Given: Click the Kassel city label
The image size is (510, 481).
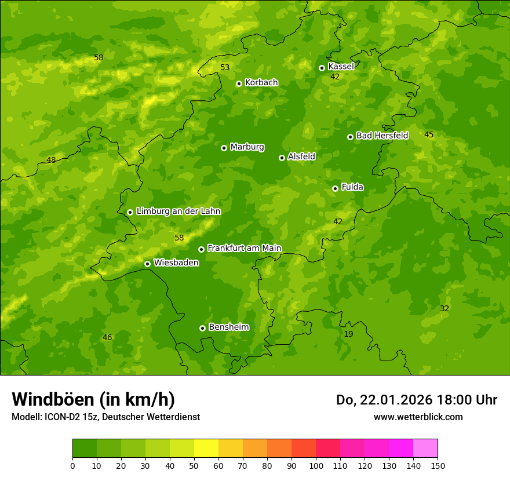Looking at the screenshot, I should [341, 67].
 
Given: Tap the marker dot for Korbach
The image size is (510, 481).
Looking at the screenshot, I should [239, 83].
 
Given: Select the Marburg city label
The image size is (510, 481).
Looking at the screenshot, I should [247, 147].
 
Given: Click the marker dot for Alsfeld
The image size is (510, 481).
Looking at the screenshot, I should [282, 158].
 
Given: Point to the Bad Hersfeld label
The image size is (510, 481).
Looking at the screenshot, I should [382, 136].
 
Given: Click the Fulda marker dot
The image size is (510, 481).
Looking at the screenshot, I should [335, 188].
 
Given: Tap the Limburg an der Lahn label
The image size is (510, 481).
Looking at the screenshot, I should [178, 212].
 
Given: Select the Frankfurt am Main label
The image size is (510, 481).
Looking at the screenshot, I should [244, 248].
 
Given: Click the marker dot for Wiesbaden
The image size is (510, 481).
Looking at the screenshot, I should [147, 264].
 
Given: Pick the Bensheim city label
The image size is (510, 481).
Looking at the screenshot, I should [228, 327].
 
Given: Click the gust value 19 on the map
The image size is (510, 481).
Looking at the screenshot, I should [348, 334].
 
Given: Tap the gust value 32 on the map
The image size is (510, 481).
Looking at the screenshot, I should [445, 309].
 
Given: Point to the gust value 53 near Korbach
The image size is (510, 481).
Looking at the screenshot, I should [225, 68].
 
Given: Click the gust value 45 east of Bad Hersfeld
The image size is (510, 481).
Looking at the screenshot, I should [429, 135].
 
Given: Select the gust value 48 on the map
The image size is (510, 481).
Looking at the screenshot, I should [51, 161].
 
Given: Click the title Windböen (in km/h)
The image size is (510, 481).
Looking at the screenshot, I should [93, 399].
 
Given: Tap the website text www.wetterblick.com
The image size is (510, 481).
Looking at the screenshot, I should [418, 417].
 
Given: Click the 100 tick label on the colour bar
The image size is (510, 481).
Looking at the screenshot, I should [316, 465].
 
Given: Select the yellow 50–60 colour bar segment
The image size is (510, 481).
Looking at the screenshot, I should [206, 448].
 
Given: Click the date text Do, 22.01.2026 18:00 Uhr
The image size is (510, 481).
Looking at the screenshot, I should [416, 400].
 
